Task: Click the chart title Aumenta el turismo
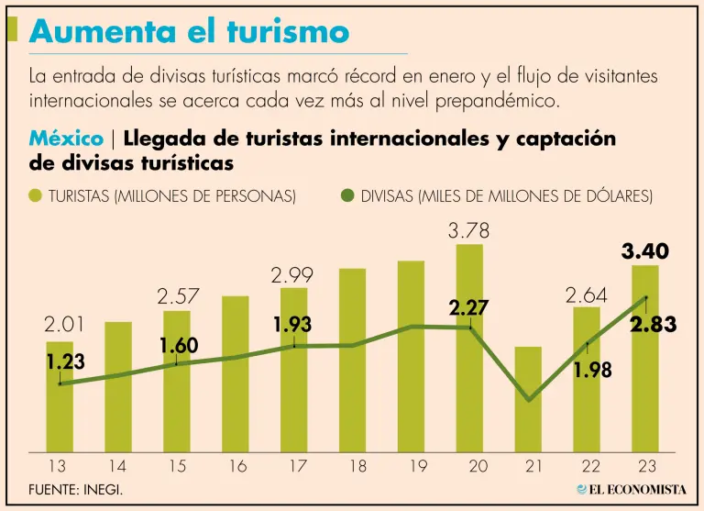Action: click(x=190, y=32)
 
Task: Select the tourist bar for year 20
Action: click(x=469, y=349)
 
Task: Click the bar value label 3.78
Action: click(x=468, y=231)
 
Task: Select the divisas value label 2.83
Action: click(x=653, y=325)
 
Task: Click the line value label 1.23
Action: click(x=65, y=361)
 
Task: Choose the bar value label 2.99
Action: click(x=292, y=274)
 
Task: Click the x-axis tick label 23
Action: click(x=645, y=467)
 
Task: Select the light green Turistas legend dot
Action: click(x=36, y=195)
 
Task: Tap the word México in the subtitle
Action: click(x=66, y=139)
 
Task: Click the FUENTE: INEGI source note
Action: click(x=75, y=490)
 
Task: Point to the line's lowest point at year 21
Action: click(x=528, y=400)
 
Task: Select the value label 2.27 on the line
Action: click(x=468, y=308)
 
